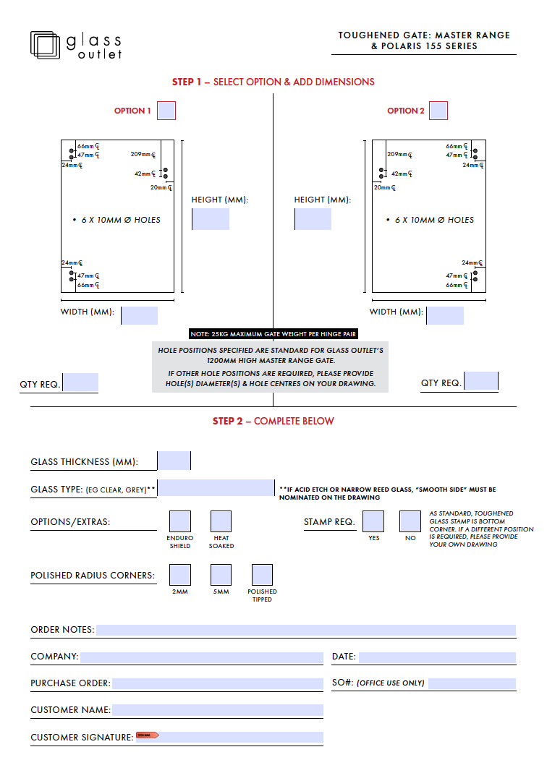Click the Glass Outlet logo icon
point(45,45)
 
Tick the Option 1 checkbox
point(166,111)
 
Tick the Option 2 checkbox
point(438,111)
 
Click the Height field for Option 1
point(211,219)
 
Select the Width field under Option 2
point(445,315)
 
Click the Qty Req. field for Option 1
point(80,383)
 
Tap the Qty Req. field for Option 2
point(481,381)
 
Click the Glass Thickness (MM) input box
point(174,461)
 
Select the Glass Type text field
point(216,488)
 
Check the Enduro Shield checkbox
point(180,521)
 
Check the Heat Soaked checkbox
point(221,521)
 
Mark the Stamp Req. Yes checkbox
point(373,521)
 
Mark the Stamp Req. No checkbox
point(410,521)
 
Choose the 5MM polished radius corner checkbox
point(221,575)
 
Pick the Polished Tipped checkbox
point(262,575)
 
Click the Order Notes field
point(305,630)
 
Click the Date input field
point(437,657)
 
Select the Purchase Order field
point(217,683)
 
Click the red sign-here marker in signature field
point(147,735)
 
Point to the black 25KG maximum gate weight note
point(273,334)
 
